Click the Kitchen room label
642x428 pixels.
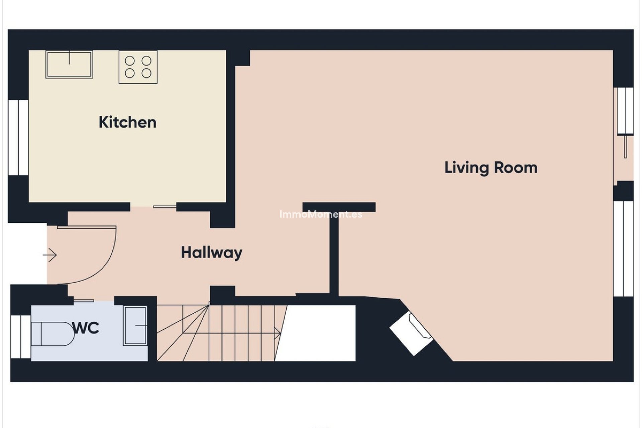click(x=127, y=122)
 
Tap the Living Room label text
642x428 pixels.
click(x=491, y=168)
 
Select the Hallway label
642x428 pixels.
click(x=211, y=252)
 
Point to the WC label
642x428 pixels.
click(x=86, y=328)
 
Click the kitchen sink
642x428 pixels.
click(x=69, y=65)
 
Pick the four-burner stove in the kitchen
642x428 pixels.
click(x=138, y=67)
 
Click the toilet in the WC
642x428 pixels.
click(x=53, y=334)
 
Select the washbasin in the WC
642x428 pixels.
click(x=135, y=325)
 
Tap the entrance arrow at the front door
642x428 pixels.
click(x=50, y=255)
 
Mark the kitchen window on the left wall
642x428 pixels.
click(x=18, y=137)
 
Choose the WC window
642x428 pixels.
click(x=21, y=336)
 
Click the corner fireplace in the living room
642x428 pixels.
click(x=412, y=333)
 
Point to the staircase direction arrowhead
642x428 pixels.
click(x=277, y=332)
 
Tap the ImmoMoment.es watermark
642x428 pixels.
click(x=321, y=214)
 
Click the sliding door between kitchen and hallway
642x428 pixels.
click(x=165, y=207)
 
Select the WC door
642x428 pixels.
click(x=84, y=301)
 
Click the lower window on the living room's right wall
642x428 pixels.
click(x=624, y=248)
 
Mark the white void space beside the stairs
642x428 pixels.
click(x=316, y=333)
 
